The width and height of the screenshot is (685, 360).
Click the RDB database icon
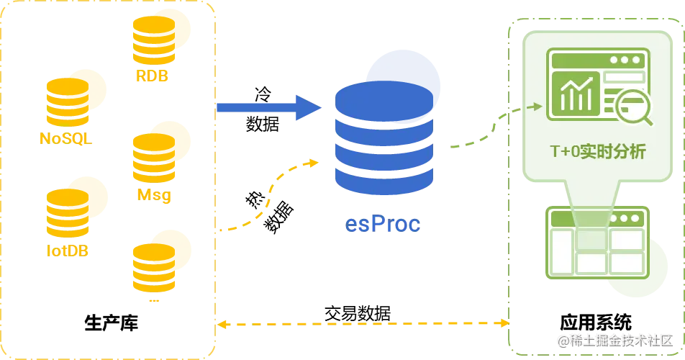pyautogui.click(x=160, y=40)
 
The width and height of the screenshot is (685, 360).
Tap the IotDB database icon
pyautogui.click(x=74, y=209)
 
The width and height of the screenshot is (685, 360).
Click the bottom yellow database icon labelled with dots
pyautogui.click(x=160, y=263)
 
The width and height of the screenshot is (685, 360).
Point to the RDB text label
pyautogui.click(x=151, y=75)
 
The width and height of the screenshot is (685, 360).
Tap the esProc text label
pyautogui.click(x=382, y=225)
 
